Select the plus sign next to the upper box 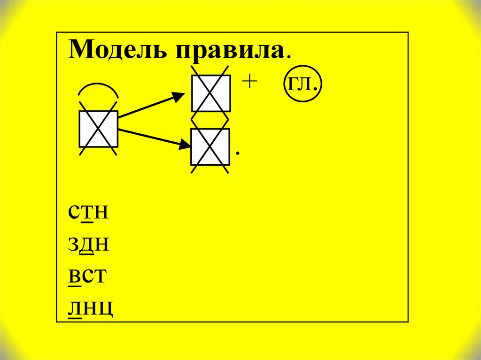click(x=249, y=82)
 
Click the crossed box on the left click(x=98, y=129)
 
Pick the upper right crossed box click(x=210, y=93)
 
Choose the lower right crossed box click(x=210, y=147)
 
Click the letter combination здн click(x=89, y=245)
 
